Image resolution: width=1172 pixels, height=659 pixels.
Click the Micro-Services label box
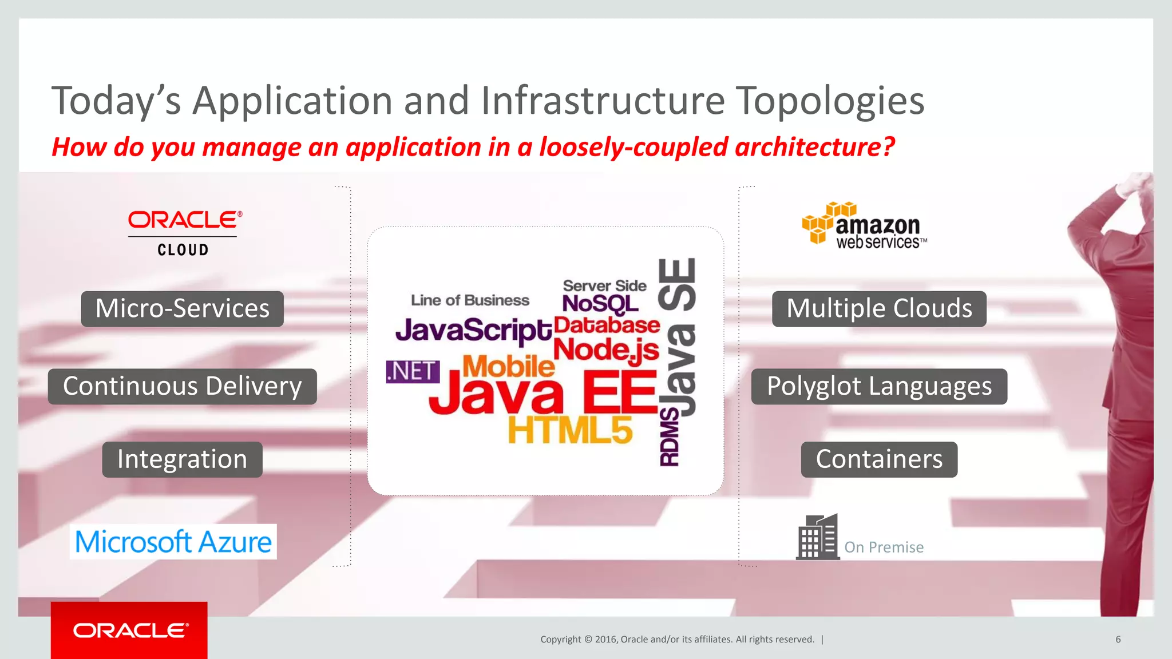182,309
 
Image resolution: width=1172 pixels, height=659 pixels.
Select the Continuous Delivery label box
182,387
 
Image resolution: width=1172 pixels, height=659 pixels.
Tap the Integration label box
182,459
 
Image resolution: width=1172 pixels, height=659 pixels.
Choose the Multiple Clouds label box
879,309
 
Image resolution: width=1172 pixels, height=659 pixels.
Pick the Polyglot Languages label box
879,387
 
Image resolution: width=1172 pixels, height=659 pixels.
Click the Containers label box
879,459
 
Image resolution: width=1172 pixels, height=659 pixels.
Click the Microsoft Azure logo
173,542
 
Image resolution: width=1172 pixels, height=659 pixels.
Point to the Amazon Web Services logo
864,226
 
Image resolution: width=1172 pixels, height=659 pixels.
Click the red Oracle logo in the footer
129,630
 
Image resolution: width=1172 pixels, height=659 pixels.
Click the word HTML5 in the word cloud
570,430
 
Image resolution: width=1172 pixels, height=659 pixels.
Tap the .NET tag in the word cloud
413,372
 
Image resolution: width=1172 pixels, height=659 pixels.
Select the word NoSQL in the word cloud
600,304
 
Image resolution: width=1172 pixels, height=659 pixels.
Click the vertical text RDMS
670,438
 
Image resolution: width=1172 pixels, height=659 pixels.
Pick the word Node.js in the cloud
606,350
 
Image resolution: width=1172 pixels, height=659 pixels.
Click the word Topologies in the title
830,101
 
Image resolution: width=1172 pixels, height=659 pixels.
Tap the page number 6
1118,640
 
